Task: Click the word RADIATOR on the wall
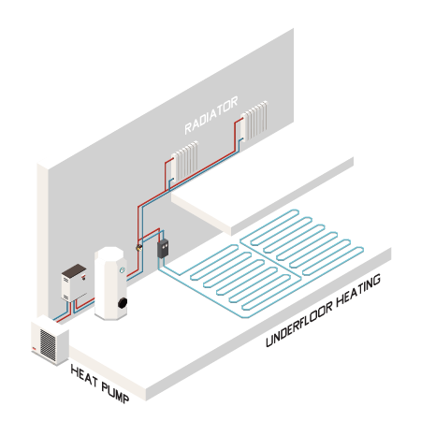click(211, 115)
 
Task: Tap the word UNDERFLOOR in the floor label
click(299, 325)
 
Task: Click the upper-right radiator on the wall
click(254, 121)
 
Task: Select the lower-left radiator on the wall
click(184, 161)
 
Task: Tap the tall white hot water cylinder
click(110, 283)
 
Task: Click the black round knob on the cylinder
click(123, 302)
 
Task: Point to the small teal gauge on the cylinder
click(123, 270)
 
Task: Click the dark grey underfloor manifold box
click(163, 248)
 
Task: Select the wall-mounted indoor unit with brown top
click(74, 283)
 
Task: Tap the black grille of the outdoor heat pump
click(48, 345)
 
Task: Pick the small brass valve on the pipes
click(138, 248)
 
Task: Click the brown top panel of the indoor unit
click(74, 269)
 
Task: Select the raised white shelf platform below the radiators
click(262, 196)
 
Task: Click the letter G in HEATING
click(376, 280)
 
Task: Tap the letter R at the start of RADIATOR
click(188, 128)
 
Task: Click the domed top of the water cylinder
click(109, 253)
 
